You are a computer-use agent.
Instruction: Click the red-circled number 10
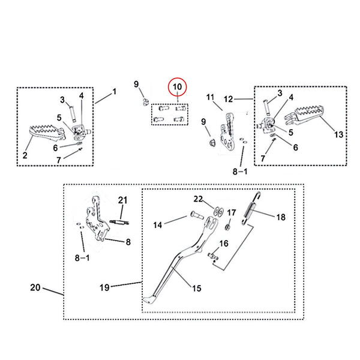(x=177, y=88)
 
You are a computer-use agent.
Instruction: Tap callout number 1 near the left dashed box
(x=114, y=92)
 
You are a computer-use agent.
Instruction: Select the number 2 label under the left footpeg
(x=25, y=155)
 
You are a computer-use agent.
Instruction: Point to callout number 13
(x=339, y=134)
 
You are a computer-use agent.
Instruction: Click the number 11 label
(x=210, y=97)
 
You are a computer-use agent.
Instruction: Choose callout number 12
(x=229, y=98)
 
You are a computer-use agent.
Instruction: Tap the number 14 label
(x=158, y=226)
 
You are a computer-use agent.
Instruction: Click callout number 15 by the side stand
(x=196, y=289)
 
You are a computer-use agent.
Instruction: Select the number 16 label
(x=223, y=243)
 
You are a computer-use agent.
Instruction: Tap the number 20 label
(x=35, y=287)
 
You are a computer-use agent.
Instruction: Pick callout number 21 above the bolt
(x=122, y=200)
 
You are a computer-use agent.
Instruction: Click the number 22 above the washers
(x=199, y=199)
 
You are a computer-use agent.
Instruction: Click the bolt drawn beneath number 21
(x=121, y=224)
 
